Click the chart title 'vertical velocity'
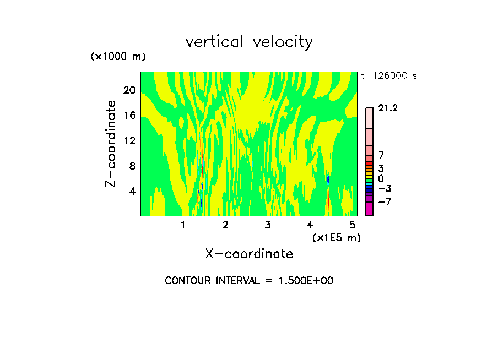(x=249, y=42)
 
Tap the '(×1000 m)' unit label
(x=117, y=57)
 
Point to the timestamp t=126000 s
(x=389, y=76)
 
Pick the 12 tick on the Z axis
(x=129, y=140)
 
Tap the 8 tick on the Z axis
(x=132, y=166)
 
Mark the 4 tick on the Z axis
(x=132, y=191)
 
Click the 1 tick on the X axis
(x=183, y=225)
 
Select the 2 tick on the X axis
(x=225, y=225)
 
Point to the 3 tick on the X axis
(x=267, y=225)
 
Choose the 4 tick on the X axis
(x=310, y=225)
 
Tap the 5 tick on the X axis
(x=352, y=225)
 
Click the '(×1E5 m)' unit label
(x=336, y=237)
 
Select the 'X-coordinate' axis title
(x=249, y=254)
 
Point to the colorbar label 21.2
(x=388, y=108)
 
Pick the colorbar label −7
(x=384, y=202)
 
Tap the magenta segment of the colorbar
(x=369, y=209)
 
